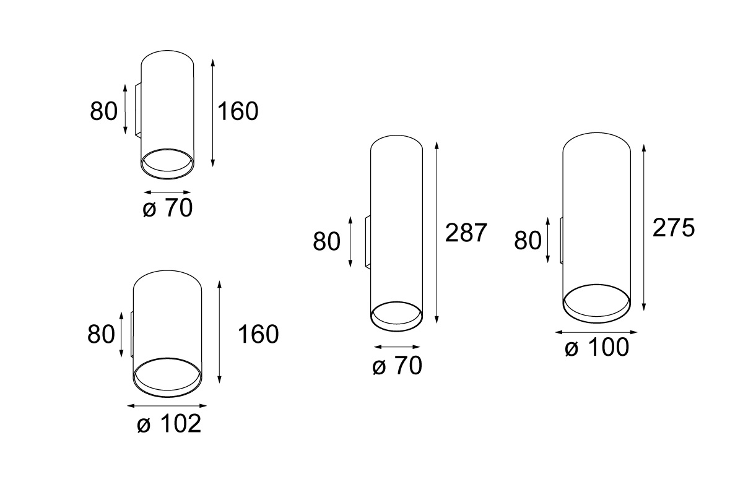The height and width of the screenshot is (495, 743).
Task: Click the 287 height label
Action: click(466, 233)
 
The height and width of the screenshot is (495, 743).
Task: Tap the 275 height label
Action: click(674, 228)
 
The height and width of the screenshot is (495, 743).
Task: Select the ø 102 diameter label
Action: click(169, 423)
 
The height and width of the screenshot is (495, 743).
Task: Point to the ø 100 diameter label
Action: click(597, 347)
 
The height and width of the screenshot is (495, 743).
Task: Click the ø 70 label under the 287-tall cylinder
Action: click(397, 366)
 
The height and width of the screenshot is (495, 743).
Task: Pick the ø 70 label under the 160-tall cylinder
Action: click(168, 208)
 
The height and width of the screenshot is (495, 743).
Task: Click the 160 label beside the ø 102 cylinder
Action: click(258, 334)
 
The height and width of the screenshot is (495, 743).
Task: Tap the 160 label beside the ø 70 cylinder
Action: click(238, 111)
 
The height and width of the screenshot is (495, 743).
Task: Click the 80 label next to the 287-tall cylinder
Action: click(326, 241)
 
